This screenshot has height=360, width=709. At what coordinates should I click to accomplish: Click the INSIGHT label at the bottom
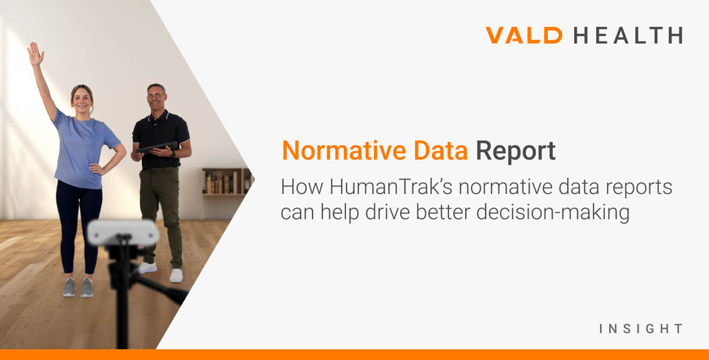point(641,328)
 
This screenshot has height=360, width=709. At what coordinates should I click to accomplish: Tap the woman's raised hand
point(35,54)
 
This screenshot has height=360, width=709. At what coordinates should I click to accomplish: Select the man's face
point(156,97)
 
